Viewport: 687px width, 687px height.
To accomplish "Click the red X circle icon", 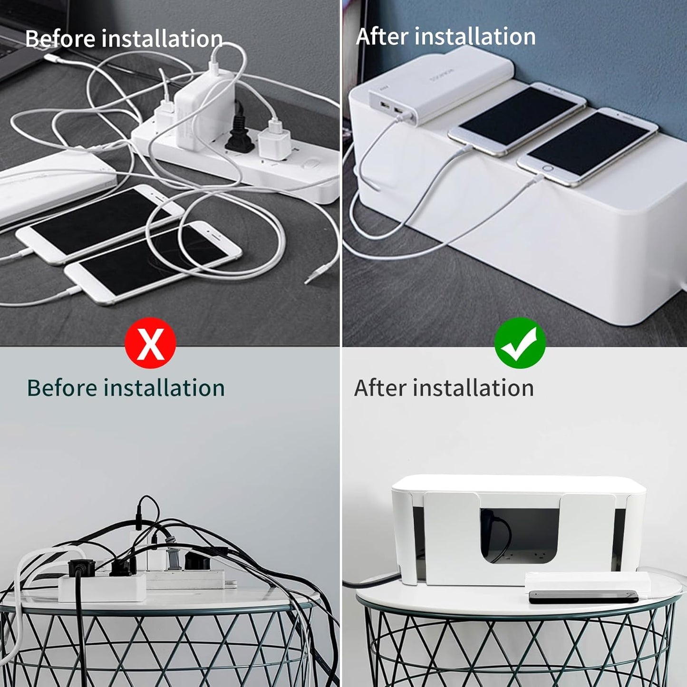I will coord(150,343).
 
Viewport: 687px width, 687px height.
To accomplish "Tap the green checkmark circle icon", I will coord(520,343).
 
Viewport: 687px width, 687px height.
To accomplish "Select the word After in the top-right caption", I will coord(382,37).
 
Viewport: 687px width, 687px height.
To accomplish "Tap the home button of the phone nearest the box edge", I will coord(548,169).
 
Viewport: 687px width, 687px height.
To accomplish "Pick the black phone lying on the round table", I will coord(583,597).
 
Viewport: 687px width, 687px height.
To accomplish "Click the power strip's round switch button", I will coord(310,167).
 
